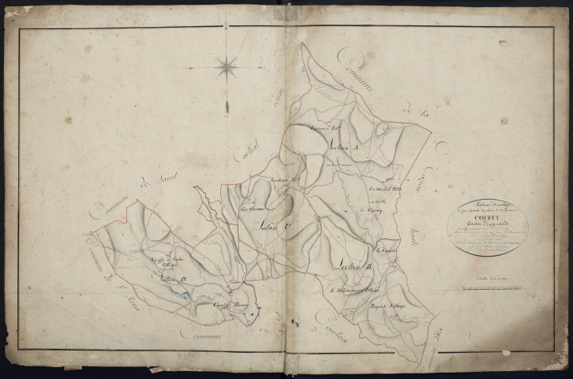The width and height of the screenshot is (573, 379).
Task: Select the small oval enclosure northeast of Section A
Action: [383, 129]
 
